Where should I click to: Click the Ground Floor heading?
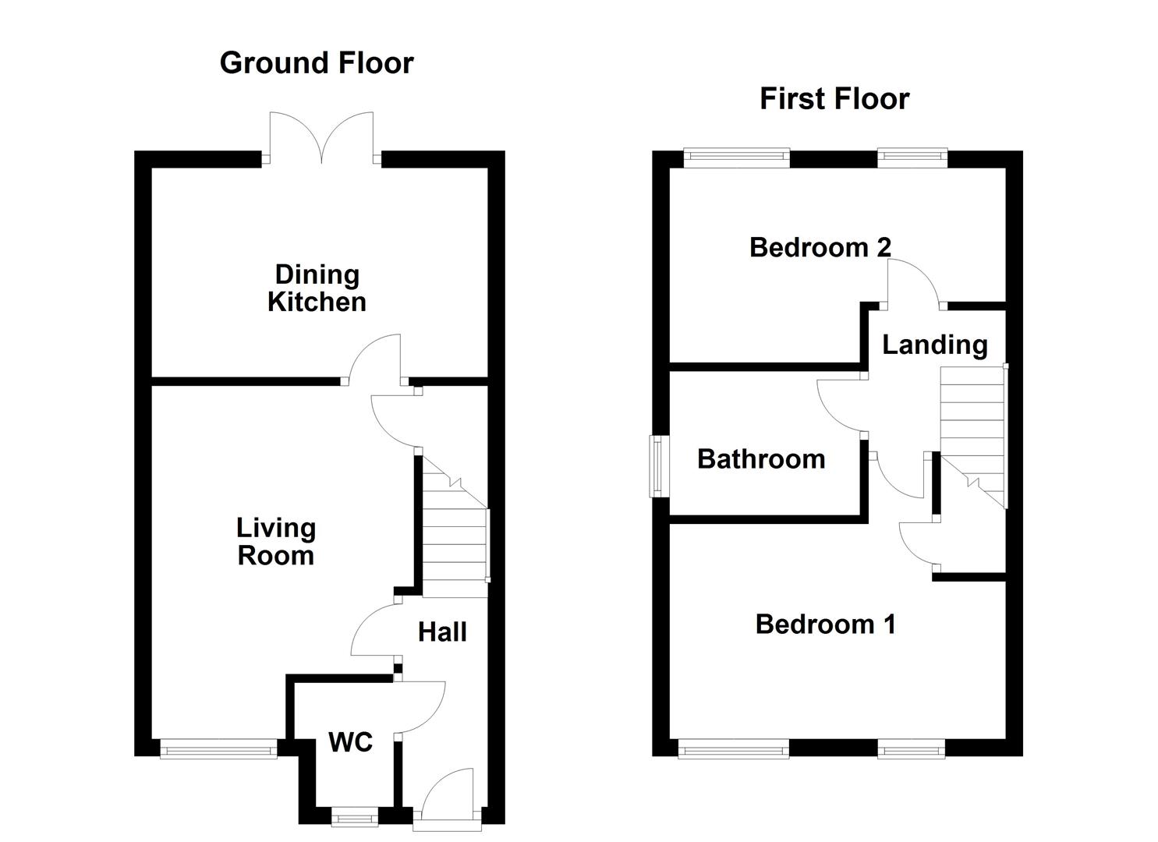click(x=316, y=62)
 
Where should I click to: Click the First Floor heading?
click(x=834, y=99)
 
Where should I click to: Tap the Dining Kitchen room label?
click(x=317, y=288)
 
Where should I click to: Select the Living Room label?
click(x=276, y=541)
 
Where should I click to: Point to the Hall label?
click(x=442, y=631)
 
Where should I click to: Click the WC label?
click(x=350, y=742)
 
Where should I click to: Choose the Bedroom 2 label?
click(x=820, y=247)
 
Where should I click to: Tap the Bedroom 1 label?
click(x=825, y=624)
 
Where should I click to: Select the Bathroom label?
click(x=761, y=458)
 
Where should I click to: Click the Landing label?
click(x=934, y=344)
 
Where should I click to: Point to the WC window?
click(x=355, y=818)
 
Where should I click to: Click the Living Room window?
click(x=218, y=748)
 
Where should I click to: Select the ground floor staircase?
click(x=455, y=530)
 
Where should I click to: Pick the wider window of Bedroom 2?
click(x=737, y=158)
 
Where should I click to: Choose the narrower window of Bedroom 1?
click(x=912, y=750)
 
